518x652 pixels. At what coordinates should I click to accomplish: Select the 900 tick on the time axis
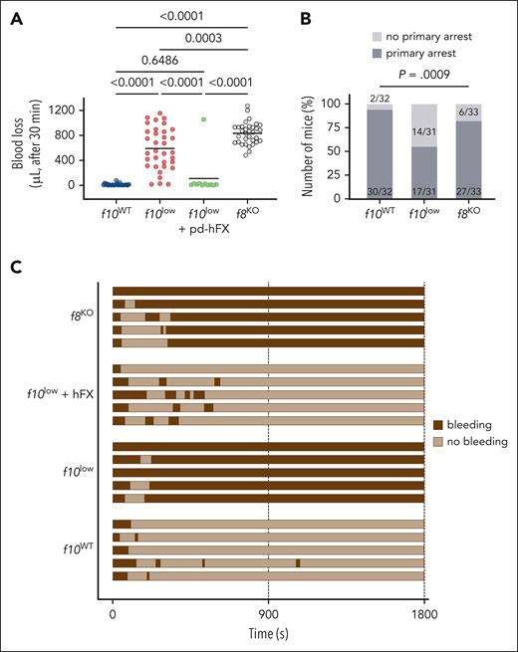(x=268, y=615)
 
